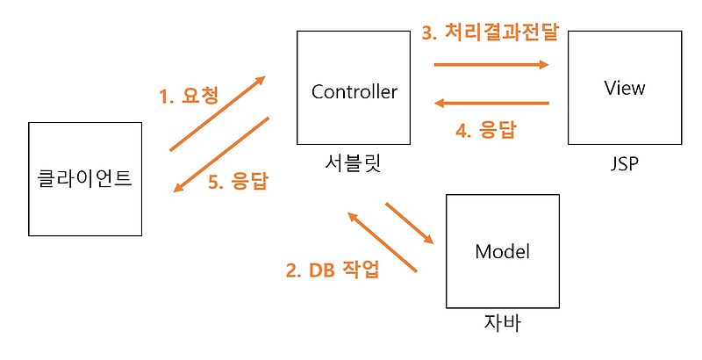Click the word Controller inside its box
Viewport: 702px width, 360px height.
(355, 92)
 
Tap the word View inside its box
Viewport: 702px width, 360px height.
(625, 88)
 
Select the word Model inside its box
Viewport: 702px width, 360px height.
(502, 251)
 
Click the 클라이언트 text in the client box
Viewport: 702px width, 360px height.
(84, 177)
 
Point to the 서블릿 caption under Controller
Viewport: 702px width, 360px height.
(354, 163)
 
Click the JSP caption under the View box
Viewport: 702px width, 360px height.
(625, 164)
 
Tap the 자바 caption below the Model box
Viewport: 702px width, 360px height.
(502, 323)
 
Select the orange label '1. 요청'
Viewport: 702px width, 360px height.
(189, 96)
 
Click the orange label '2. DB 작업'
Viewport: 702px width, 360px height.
(333, 270)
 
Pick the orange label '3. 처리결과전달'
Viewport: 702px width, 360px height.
(491, 32)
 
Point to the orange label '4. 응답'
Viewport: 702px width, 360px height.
(486, 130)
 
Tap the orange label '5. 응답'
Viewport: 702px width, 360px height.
(238, 182)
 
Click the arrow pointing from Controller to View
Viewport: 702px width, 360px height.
(491, 64)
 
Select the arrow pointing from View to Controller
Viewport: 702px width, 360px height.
(491, 104)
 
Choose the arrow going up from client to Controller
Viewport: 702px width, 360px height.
(218, 113)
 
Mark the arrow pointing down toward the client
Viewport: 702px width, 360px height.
(221, 155)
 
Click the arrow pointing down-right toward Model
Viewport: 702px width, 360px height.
(410, 223)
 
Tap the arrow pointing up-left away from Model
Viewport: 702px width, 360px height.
(383, 241)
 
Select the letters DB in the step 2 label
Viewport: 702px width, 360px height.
(321, 270)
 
